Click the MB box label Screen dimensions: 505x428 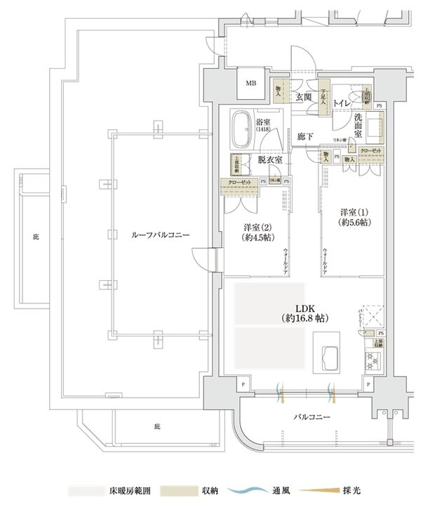pos(250,84)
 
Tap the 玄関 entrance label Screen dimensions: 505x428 pos(303,98)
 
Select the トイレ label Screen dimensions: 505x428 pos(343,103)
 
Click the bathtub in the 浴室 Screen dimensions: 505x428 pos(243,129)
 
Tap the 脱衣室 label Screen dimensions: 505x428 pos(269,160)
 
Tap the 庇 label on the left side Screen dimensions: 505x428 pos(35,237)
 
